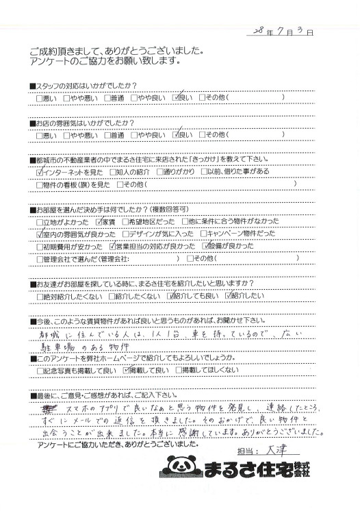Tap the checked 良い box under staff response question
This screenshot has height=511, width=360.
click(x=177, y=98)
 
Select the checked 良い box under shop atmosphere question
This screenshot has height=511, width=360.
click(x=177, y=135)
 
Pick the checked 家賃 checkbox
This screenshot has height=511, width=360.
click(x=100, y=222)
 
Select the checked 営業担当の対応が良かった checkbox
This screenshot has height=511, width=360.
click(x=112, y=246)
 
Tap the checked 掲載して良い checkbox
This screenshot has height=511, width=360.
click(x=125, y=369)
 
